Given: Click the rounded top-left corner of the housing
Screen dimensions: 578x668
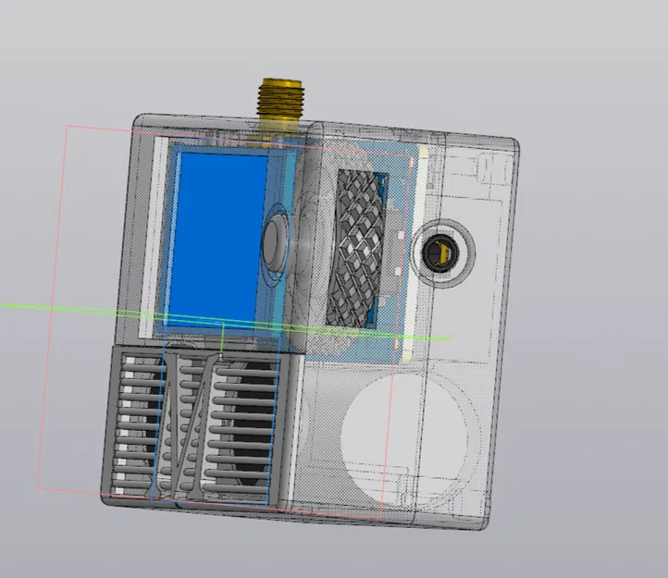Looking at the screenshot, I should coord(141,123).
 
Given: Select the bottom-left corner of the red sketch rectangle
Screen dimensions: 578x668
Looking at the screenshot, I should coord(37,487).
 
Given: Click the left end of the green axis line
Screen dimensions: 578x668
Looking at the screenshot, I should coord(3,305).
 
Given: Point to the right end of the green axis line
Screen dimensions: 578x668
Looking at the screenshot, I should coord(450,338).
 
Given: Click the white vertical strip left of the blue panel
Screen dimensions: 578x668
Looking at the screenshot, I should coord(155,236).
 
